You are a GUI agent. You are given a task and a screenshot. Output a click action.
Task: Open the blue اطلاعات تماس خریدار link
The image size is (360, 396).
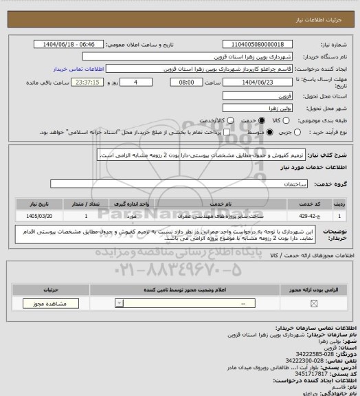tap(77, 69)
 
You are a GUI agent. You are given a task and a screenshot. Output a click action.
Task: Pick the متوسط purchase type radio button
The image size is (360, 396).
tap(243, 132)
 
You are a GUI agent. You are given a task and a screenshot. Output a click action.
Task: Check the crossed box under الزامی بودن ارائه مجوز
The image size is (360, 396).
tap(314, 303)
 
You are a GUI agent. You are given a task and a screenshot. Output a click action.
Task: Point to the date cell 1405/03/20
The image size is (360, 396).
tap(39, 216)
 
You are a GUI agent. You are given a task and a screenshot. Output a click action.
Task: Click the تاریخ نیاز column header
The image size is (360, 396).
tap(39, 204)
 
